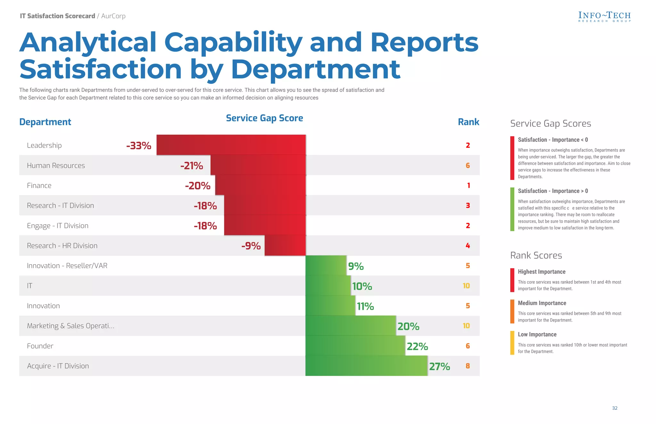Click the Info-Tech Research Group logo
(x=604, y=17)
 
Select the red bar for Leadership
(x=231, y=145)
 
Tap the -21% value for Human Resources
(x=192, y=165)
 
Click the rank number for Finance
(x=468, y=186)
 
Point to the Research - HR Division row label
(x=62, y=246)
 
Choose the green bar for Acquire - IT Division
(x=366, y=366)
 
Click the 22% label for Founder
(x=417, y=346)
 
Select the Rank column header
(x=468, y=122)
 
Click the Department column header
(x=45, y=122)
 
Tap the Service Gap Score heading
(x=264, y=118)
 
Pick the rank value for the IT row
(x=466, y=286)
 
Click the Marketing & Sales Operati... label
(x=70, y=326)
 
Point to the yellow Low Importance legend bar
(x=512, y=343)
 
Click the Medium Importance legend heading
(x=542, y=303)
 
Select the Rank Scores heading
(x=536, y=255)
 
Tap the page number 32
(x=614, y=408)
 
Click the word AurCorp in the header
(x=113, y=16)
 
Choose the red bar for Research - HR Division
(x=285, y=246)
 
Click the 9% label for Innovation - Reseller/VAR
(x=356, y=266)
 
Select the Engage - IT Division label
(x=58, y=226)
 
